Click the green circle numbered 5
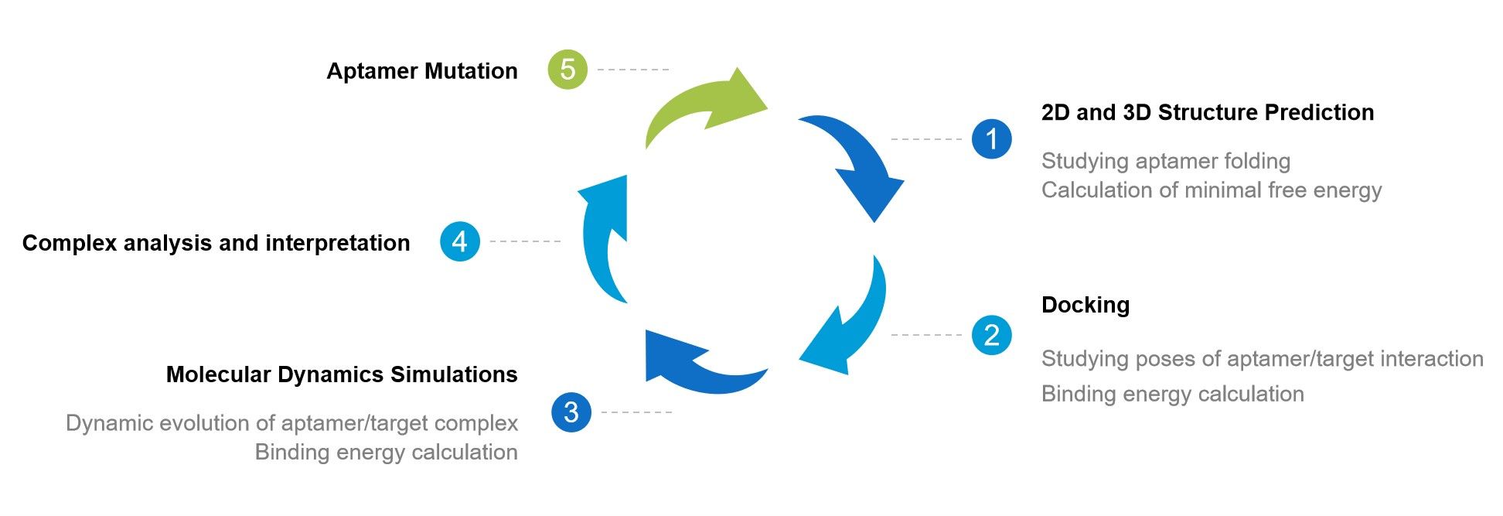(567, 70)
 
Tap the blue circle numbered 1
(991, 139)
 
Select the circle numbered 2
(991, 335)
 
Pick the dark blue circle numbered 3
(571, 412)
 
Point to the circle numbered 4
(460, 241)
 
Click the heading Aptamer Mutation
(421, 71)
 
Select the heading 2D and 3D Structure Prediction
(1207, 112)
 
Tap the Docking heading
(1085, 305)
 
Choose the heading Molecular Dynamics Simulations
(342, 374)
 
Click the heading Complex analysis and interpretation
(216, 243)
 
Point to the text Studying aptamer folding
(1165, 161)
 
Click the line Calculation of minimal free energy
(1211, 190)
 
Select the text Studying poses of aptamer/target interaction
(1262, 359)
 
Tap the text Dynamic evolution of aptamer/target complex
(291, 423)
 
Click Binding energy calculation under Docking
(1172, 394)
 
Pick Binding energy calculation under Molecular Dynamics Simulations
(386, 452)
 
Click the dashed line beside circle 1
(926, 139)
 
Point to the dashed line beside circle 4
(525, 241)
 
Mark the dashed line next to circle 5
(633, 70)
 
